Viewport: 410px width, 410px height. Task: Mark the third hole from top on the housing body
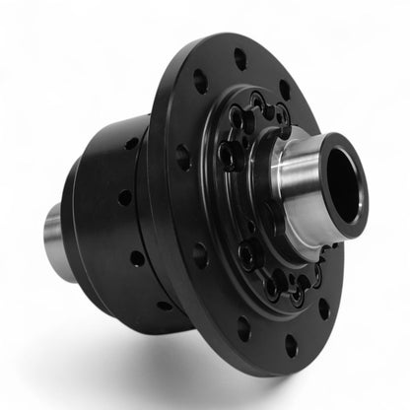click(x=136, y=258)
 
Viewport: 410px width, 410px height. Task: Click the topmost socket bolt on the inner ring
click(x=257, y=102)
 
